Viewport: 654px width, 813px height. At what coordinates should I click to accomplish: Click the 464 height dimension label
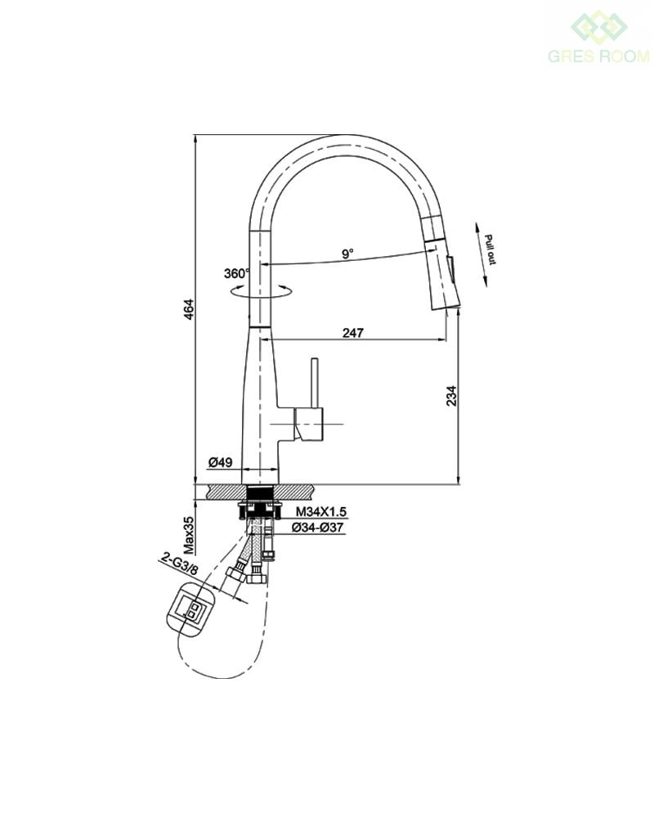189,309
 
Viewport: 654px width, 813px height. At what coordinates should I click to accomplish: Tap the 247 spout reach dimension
353,332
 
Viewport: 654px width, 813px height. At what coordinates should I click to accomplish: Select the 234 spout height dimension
452,396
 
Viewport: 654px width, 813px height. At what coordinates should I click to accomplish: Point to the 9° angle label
347,254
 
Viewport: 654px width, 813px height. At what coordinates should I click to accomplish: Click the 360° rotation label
236,273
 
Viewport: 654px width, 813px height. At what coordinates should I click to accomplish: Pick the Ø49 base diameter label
220,461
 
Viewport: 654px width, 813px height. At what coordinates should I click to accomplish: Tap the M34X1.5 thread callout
320,512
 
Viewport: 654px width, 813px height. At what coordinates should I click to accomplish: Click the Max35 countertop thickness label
189,535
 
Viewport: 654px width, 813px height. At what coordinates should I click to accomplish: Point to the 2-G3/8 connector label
179,564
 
